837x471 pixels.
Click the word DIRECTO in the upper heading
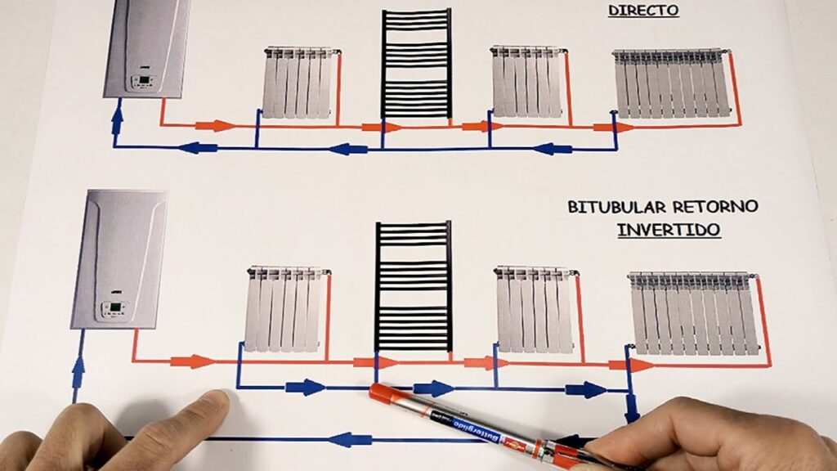[643, 10]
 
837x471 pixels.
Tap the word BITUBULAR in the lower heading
[616, 207]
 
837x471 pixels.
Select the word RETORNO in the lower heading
[715, 207]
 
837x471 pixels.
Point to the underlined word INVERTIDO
[669, 230]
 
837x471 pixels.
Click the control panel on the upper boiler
[143, 82]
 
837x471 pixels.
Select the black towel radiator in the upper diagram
[416, 63]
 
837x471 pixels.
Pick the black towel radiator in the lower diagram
[414, 286]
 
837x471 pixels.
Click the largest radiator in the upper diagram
[673, 83]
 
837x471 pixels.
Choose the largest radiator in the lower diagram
[693, 312]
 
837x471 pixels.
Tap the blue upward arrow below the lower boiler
[78, 371]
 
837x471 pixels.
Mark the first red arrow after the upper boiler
[216, 126]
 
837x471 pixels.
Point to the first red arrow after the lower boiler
[193, 361]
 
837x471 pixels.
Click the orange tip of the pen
[382, 393]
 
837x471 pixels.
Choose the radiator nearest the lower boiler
[287, 309]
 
